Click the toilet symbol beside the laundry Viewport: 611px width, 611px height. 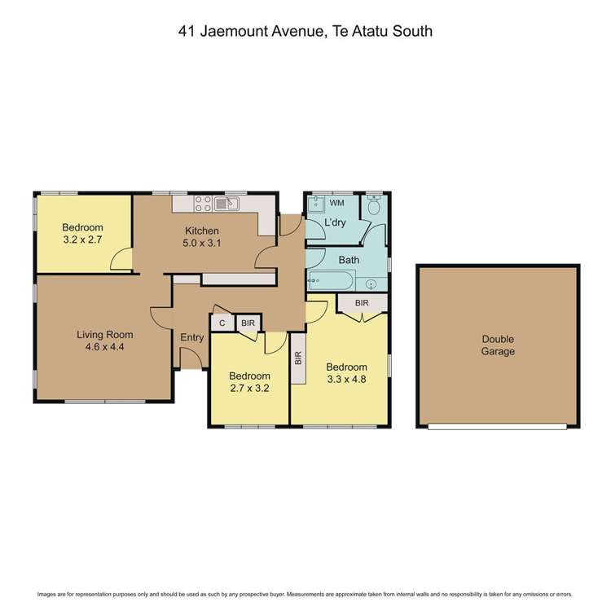click(373, 207)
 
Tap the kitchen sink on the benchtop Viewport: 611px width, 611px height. click(225, 204)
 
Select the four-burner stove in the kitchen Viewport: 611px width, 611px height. click(203, 204)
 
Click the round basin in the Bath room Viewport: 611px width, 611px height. click(372, 284)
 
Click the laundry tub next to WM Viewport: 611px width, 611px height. click(316, 204)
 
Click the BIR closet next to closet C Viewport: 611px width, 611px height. click(248, 323)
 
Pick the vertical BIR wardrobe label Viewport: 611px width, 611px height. click(298, 358)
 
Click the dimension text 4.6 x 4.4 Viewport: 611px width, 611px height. click(104, 346)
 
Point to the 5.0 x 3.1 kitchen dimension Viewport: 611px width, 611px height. click(201, 243)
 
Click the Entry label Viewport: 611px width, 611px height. click(192, 337)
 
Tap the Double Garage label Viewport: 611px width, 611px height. click(498, 345)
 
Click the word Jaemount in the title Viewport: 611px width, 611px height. click(232, 32)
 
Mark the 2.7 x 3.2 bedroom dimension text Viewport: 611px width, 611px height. click(248, 388)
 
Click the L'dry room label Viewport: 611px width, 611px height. click(336, 222)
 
